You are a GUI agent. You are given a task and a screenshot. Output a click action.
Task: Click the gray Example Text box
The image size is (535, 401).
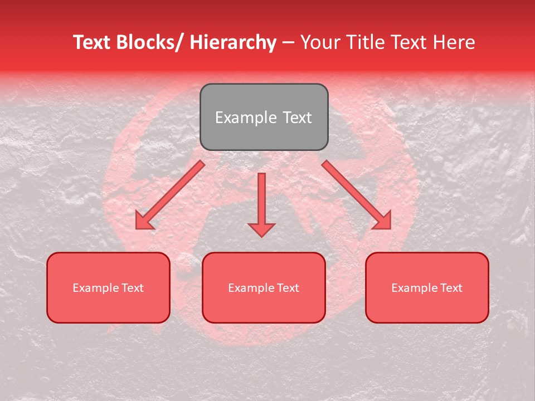coord(264,117)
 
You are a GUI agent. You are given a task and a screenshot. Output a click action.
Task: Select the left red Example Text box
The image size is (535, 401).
coord(108,287)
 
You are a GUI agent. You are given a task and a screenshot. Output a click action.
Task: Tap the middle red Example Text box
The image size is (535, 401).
coord(264,287)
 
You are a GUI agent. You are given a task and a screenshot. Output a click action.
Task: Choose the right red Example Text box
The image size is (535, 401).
coord(427,287)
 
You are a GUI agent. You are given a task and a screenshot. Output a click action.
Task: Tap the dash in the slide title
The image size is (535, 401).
coord(288,42)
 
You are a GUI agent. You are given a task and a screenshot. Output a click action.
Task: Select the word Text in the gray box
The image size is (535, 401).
coord(296,118)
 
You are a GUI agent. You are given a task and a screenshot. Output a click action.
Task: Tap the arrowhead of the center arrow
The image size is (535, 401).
coord(261,229)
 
